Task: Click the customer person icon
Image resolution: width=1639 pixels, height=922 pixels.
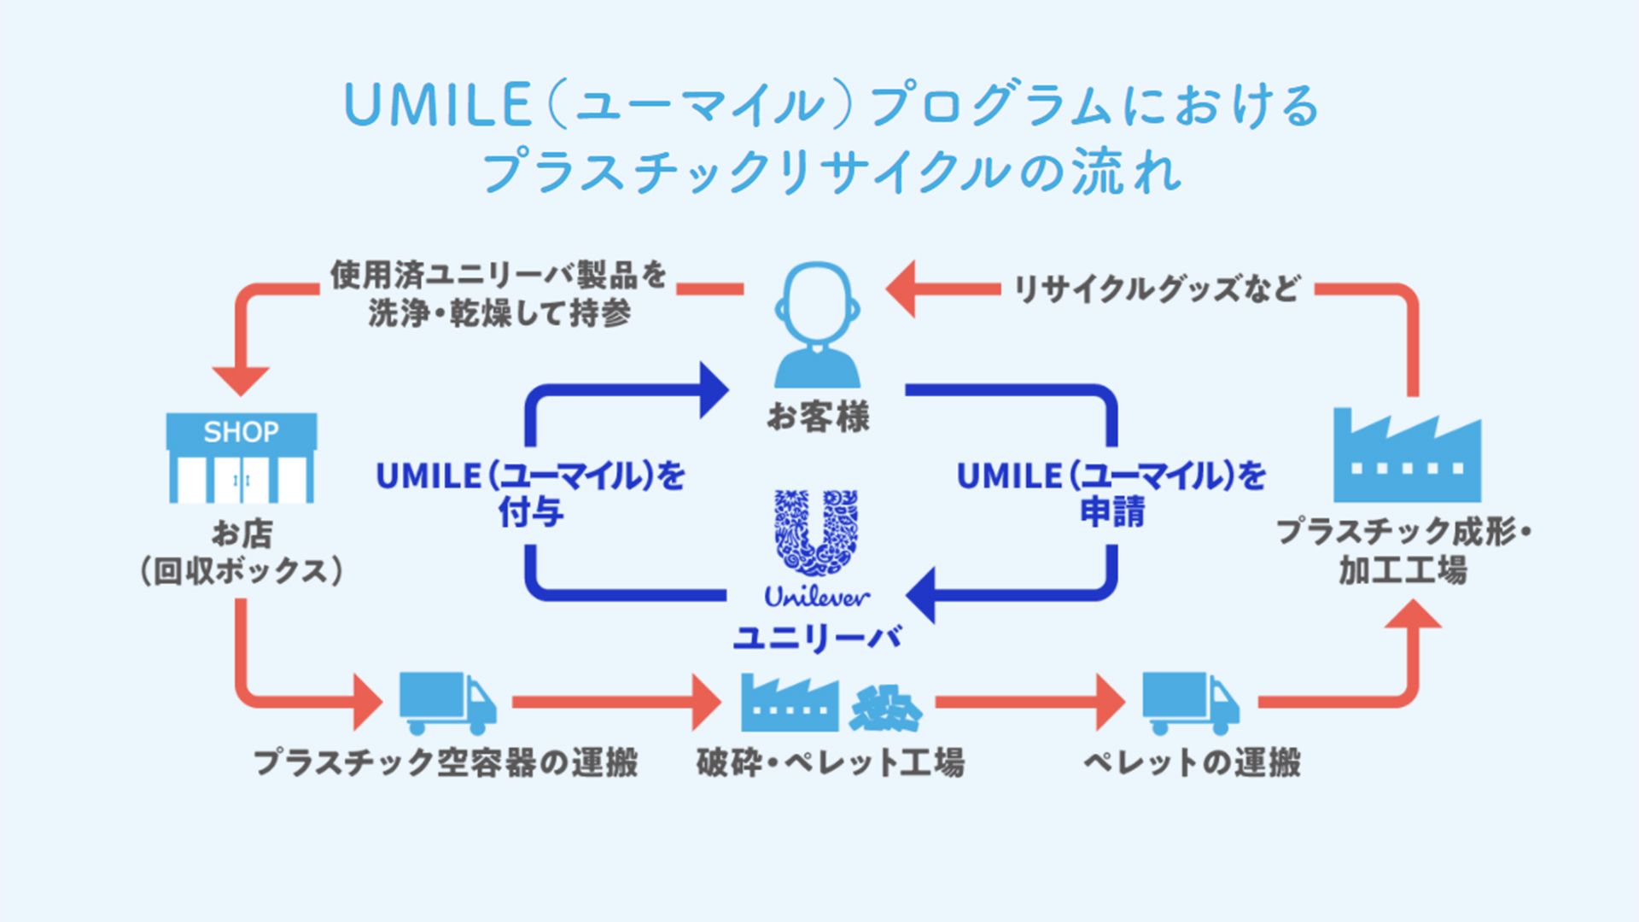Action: (817, 324)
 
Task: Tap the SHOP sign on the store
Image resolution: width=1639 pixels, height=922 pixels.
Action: (241, 432)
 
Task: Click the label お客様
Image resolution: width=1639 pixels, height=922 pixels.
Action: (817, 417)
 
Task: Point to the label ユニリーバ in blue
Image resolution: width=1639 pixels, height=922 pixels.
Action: (817, 637)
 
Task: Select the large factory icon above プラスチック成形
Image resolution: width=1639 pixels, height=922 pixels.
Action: (1407, 457)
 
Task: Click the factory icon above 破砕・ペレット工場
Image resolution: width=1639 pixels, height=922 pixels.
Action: (789, 703)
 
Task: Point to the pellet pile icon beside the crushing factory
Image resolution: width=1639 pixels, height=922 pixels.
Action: (885, 709)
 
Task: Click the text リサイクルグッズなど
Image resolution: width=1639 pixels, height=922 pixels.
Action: (1156, 289)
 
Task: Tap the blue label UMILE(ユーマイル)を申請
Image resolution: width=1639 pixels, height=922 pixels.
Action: (1111, 493)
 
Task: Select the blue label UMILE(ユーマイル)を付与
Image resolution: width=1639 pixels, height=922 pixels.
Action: (530, 493)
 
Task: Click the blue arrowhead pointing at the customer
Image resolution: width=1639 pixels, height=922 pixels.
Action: (714, 390)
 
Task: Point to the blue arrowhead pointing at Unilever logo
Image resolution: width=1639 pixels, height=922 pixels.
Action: (921, 595)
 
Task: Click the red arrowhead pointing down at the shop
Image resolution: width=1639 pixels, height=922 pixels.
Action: (241, 380)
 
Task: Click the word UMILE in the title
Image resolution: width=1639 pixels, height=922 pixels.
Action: (437, 106)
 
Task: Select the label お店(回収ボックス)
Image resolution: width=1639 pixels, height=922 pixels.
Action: (242, 552)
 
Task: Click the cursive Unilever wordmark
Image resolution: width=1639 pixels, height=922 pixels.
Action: (817, 597)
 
